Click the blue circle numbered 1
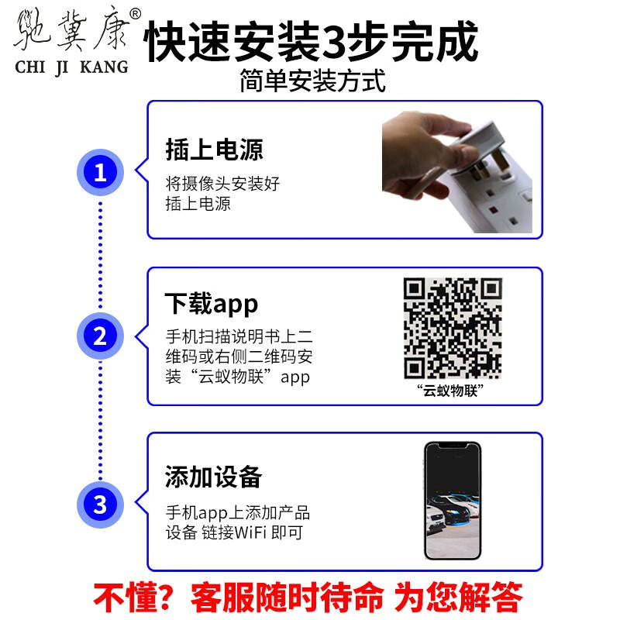coord(100,172)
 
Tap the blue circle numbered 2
coord(100,336)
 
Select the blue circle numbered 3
coord(100,505)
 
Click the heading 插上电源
coord(215,150)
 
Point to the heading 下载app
coord(212,304)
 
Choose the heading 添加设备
coord(214,477)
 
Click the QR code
coord(453,328)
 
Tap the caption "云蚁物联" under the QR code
coord(450,391)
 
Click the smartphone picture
coord(453,501)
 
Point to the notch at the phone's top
coord(453,446)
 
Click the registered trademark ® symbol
coord(135,14)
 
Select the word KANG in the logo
coord(105,67)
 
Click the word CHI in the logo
coord(30,67)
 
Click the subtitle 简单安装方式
coord(312,81)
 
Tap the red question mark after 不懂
coord(162,597)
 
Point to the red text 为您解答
coord(459,597)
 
